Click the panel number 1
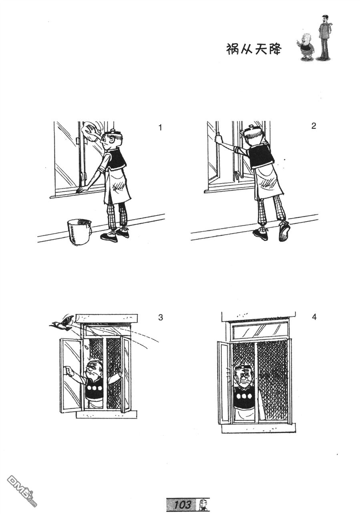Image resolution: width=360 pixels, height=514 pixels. click(x=160, y=127)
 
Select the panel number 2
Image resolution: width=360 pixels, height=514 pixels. click(x=314, y=126)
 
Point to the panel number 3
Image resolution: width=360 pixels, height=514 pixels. click(x=161, y=317)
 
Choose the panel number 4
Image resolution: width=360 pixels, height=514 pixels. click(x=314, y=317)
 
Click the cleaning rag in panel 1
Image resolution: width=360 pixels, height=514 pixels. click(x=90, y=130)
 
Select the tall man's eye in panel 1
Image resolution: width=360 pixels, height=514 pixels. click(x=111, y=140)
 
